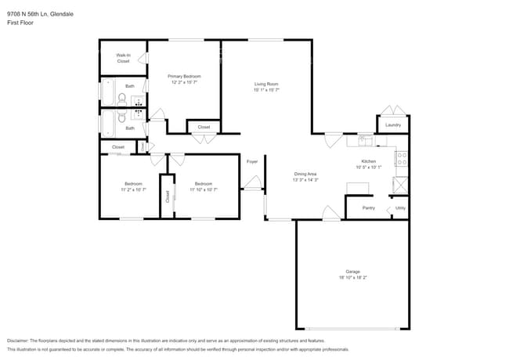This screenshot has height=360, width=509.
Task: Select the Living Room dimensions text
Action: (x=266, y=89)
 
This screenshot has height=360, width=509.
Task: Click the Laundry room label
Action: (x=393, y=124)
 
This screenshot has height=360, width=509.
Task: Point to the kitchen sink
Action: (x=364, y=141)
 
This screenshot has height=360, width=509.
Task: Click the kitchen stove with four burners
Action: (x=402, y=160)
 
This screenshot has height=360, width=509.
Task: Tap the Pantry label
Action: (x=368, y=208)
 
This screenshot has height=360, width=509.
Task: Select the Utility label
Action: (x=400, y=208)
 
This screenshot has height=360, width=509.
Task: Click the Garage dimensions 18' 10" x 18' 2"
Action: (x=352, y=277)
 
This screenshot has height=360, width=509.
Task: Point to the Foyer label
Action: (x=252, y=161)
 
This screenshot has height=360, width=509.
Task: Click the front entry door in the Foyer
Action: (x=252, y=185)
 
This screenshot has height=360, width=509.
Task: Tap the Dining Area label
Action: (x=305, y=174)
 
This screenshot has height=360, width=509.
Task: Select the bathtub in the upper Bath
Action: (x=108, y=92)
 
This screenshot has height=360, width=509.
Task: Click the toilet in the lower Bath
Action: (x=121, y=122)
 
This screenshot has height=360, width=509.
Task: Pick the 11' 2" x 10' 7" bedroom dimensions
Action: (x=132, y=189)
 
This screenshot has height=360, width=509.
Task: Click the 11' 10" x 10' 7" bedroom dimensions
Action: (x=204, y=189)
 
